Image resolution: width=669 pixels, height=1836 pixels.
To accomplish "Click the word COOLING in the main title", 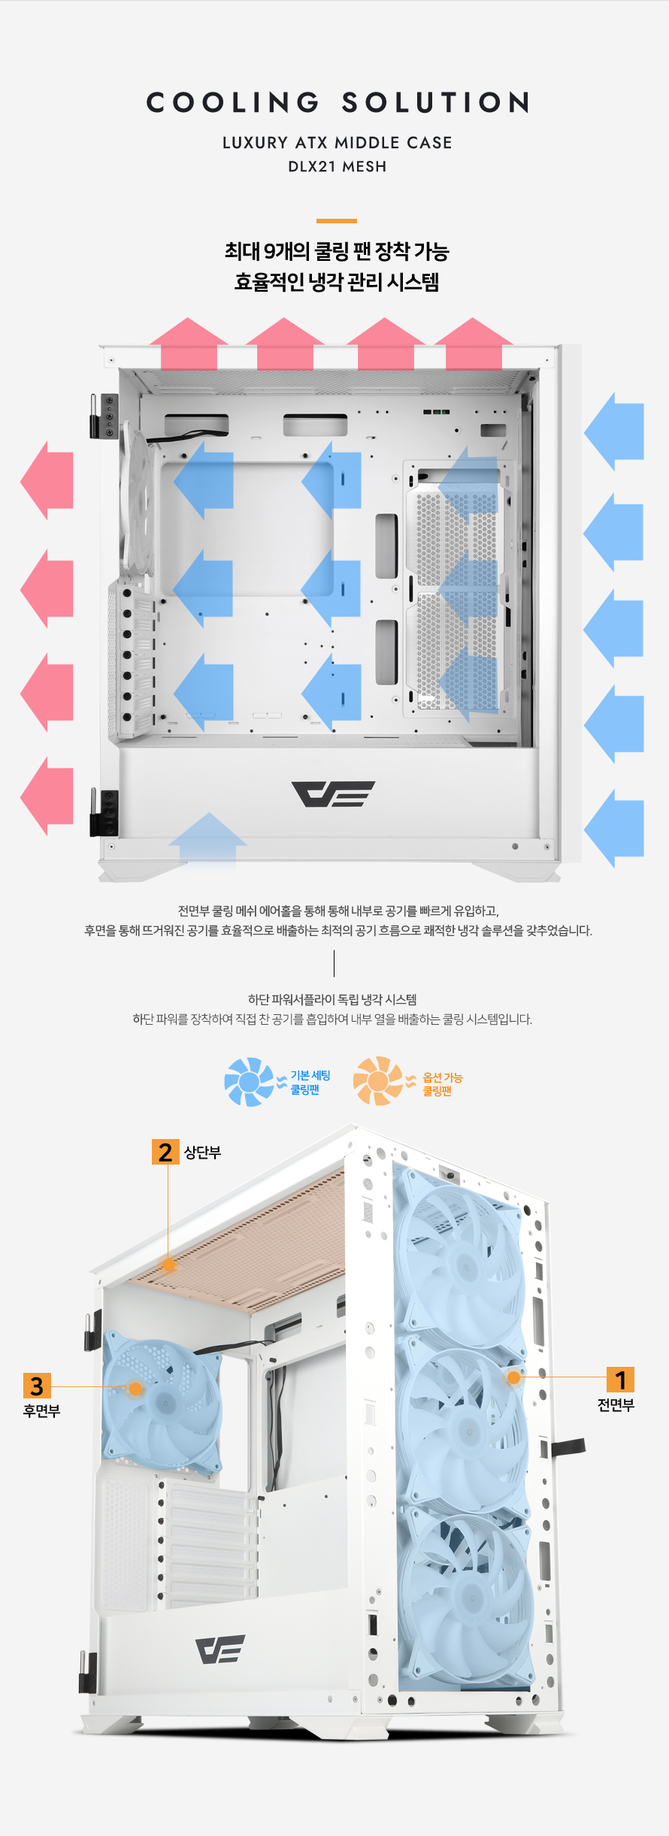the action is [x=233, y=102].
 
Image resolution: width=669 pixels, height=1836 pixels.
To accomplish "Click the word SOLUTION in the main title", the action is [x=437, y=102].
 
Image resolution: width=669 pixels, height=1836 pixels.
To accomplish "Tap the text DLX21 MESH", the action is [x=338, y=166].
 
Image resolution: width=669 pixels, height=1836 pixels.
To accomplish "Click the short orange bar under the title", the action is [x=337, y=221].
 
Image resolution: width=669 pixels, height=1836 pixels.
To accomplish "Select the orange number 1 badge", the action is [x=620, y=1380].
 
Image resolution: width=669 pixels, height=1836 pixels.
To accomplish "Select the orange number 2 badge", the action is [x=165, y=1152].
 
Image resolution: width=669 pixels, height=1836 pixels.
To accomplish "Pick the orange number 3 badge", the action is [x=37, y=1386].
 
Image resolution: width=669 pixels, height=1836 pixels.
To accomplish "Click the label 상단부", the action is [x=203, y=1153].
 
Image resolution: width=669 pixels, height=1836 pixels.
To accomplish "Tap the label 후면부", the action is [x=41, y=1411].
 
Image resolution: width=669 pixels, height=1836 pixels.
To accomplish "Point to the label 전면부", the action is [x=616, y=1405].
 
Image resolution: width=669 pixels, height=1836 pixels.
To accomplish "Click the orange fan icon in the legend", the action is [x=379, y=1081].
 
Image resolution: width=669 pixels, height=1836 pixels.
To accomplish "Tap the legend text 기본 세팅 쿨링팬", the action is [x=310, y=1083].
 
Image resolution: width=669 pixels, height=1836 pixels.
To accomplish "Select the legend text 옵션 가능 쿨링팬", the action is [x=443, y=1084].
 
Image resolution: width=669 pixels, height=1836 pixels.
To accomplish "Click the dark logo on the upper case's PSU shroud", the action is [x=333, y=794].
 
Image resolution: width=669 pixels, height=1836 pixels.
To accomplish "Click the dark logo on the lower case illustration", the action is [x=220, y=1650].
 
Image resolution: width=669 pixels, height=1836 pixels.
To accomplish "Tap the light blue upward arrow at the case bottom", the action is [x=208, y=842].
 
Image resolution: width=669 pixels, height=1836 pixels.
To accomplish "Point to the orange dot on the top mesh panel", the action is [x=169, y=1265].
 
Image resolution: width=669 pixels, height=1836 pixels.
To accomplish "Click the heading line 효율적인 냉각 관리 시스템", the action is [x=337, y=282].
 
